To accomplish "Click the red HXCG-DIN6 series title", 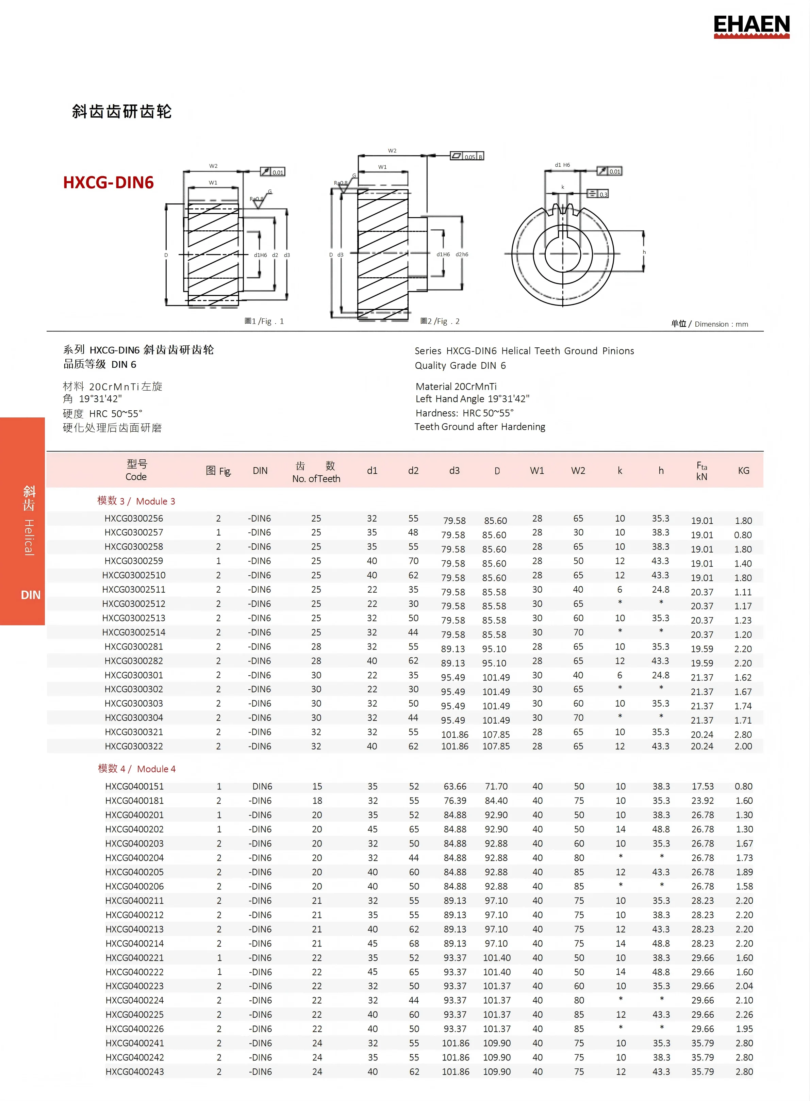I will pos(109,182).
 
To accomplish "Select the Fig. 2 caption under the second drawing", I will pos(440,321).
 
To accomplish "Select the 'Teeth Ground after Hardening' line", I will pos(480,427).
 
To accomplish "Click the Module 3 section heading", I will pos(136,501).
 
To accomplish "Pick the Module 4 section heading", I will pos(136,769).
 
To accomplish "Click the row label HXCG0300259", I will pos(133,561).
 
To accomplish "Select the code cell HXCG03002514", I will pos(133,632).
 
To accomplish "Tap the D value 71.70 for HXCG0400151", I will pos(496,786).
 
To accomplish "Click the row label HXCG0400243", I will pos(134,1072).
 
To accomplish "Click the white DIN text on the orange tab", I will pos(30,595).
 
